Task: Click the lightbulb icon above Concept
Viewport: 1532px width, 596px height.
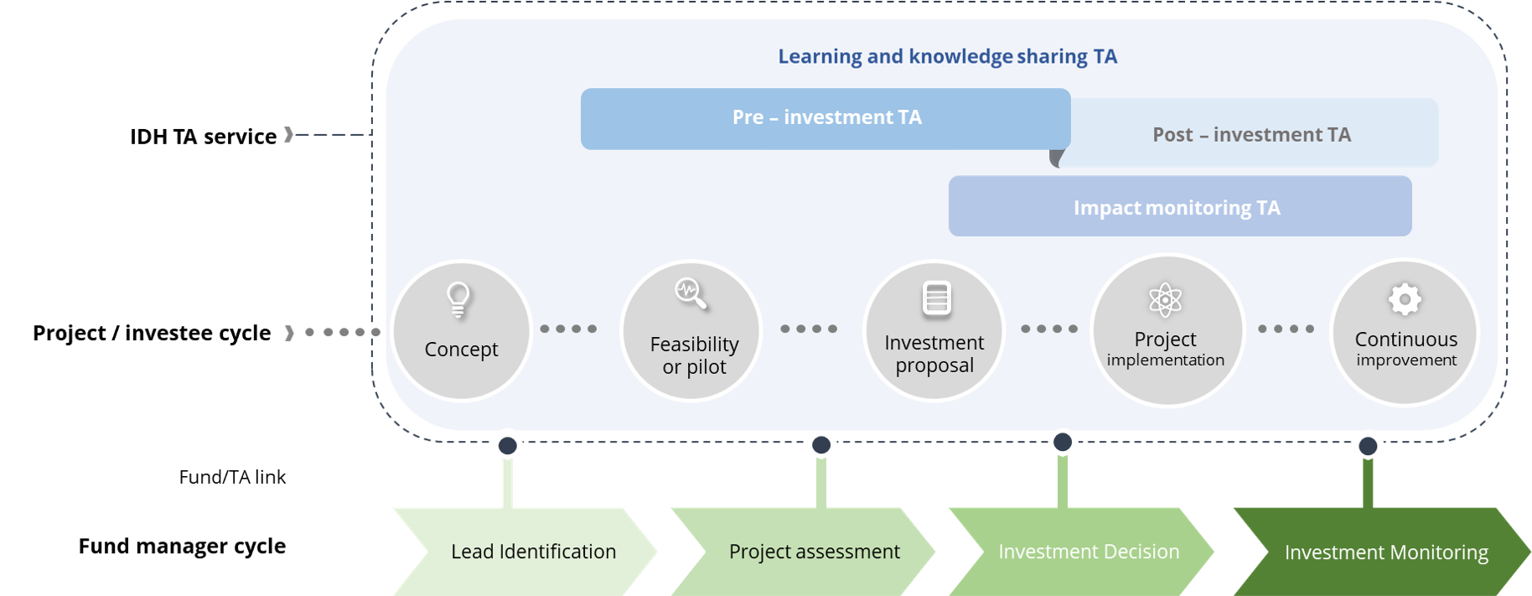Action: pyautogui.click(x=458, y=299)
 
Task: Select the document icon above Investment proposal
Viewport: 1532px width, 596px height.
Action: pyautogui.click(x=936, y=298)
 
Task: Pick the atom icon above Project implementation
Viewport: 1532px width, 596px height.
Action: pyautogui.click(x=1165, y=299)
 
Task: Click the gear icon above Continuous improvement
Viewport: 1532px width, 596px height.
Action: pyautogui.click(x=1405, y=299)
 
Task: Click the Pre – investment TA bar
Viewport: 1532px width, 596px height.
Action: pyautogui.click(x=826, y=119)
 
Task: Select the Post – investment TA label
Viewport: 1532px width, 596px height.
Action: pyautogui.click(x=1251, y=135)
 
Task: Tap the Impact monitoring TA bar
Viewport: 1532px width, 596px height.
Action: pyautogui.click(x=1180, y=206)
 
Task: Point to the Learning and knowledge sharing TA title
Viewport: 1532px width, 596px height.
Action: pyautogui.click(x=947, y=56)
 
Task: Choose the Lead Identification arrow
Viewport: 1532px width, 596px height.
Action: pyautogui.click(x=525, y=552)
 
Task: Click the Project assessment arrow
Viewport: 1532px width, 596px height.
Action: pyautogui.click(x=803, y=552)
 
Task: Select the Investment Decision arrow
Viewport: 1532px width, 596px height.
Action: pyautogui.click(x=1081, y=552)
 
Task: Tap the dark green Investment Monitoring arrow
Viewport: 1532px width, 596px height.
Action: pyautogui.click(x=1382, y=552)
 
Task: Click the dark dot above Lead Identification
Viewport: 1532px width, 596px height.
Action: pyautogui.click(x=507, y=446)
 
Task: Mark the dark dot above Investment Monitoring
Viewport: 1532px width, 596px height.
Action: pyautogui.click(x=1368, y=446)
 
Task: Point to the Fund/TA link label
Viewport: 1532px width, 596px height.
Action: pyautogui.click(x=232, y=477)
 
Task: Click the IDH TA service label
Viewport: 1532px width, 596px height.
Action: pyautogui.click(x=203, y=137)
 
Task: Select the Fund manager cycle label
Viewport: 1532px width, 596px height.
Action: pyautogui.click(x=182, y=547)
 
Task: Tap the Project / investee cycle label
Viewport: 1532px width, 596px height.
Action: pyautogui.click(x=152, y=334)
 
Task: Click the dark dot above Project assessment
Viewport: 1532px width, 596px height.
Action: pyautogui.click(x=821, y=445)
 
